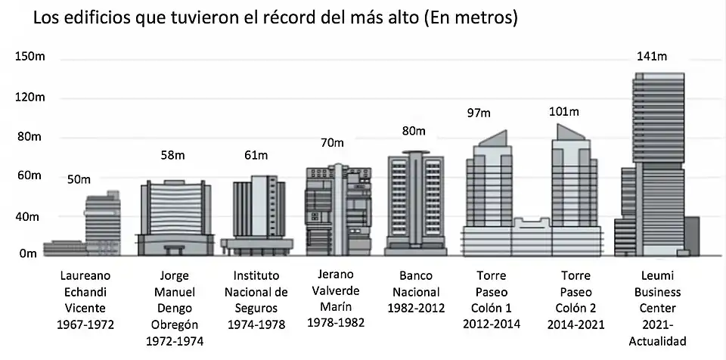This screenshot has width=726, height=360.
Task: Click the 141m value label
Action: (651, 57)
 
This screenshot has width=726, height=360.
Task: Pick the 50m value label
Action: (78, 179)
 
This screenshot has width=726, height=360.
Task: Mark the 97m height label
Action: (478, 113)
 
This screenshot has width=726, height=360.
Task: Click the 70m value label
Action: (331, 143)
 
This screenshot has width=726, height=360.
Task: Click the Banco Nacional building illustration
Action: (415, 204)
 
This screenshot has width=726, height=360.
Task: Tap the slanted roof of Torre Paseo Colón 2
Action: (571, 132)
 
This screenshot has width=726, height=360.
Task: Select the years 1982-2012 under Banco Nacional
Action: (415, 308)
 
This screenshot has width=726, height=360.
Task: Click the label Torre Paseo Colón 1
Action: (481, 291)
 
